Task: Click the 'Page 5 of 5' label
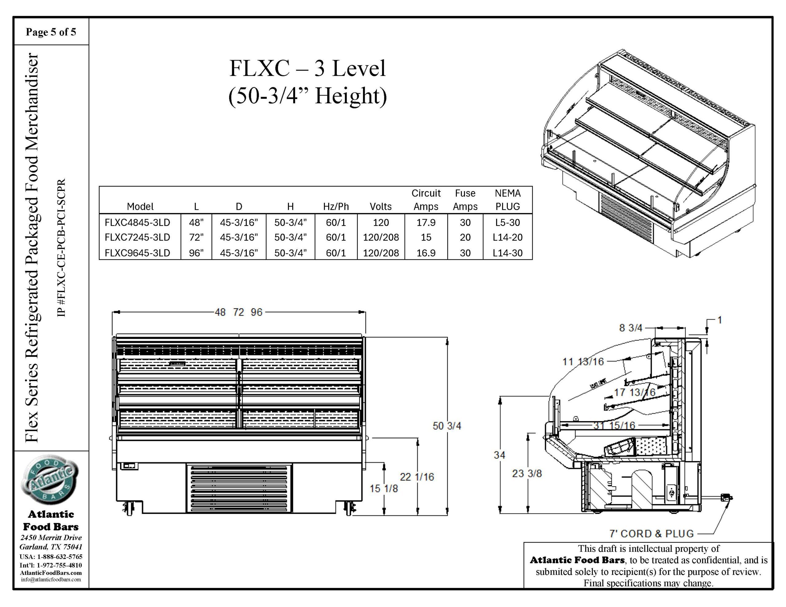(x=51, y=32)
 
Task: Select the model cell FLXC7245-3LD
(x=137, y=238)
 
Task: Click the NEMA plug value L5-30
(x=507, y=222)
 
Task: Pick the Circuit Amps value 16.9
(x=426, y=253)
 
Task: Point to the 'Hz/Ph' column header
(x=336, y=207)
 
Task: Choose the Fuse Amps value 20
(x=465, y=238)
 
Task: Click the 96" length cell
(x=196, y=253)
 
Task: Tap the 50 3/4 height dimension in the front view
(x=447, y=426)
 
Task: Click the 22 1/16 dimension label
(x=417, y=477)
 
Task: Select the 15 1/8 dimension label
(x=384, y=489)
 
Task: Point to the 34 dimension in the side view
(x=499, y=455)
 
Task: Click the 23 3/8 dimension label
(x=527, y=474)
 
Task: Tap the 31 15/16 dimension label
(x=614, y=426)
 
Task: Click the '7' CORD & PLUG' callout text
(x=652, y=534)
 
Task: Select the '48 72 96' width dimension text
(x=239, y=312)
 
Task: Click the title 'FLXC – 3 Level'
(x=307, y=68)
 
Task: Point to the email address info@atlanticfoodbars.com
(x=51, y=580)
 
